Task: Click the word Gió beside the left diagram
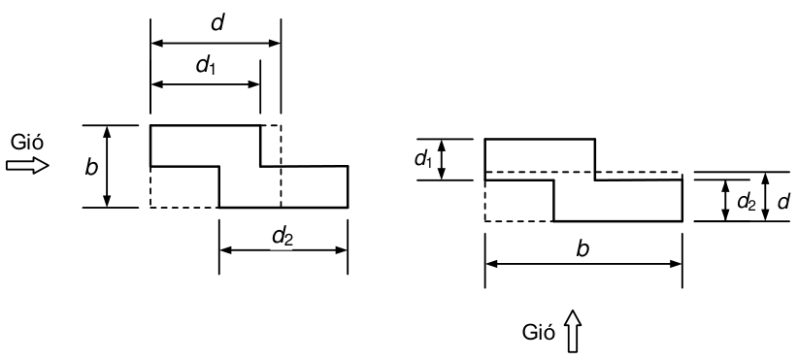[27, 143]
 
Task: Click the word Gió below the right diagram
[539, 333]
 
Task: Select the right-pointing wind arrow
[27, 165]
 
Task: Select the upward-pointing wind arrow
[573, 331]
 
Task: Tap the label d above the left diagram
[217, 23]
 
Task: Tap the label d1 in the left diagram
[206, 66]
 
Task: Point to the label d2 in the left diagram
[283, 237]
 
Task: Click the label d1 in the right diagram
[424, 159]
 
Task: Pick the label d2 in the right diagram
[747, 202]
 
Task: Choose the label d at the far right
[783, 202]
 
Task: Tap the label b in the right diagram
[582, 249]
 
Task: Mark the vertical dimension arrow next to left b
[107, 166]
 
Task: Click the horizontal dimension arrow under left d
[216, 44]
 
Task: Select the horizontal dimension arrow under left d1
[206, 83]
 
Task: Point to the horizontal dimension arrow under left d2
[283, 250]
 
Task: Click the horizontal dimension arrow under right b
[583, 264]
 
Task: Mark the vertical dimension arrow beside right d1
[442, 160]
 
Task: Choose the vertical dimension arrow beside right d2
[726, 200]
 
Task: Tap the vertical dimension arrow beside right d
[765, 197]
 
